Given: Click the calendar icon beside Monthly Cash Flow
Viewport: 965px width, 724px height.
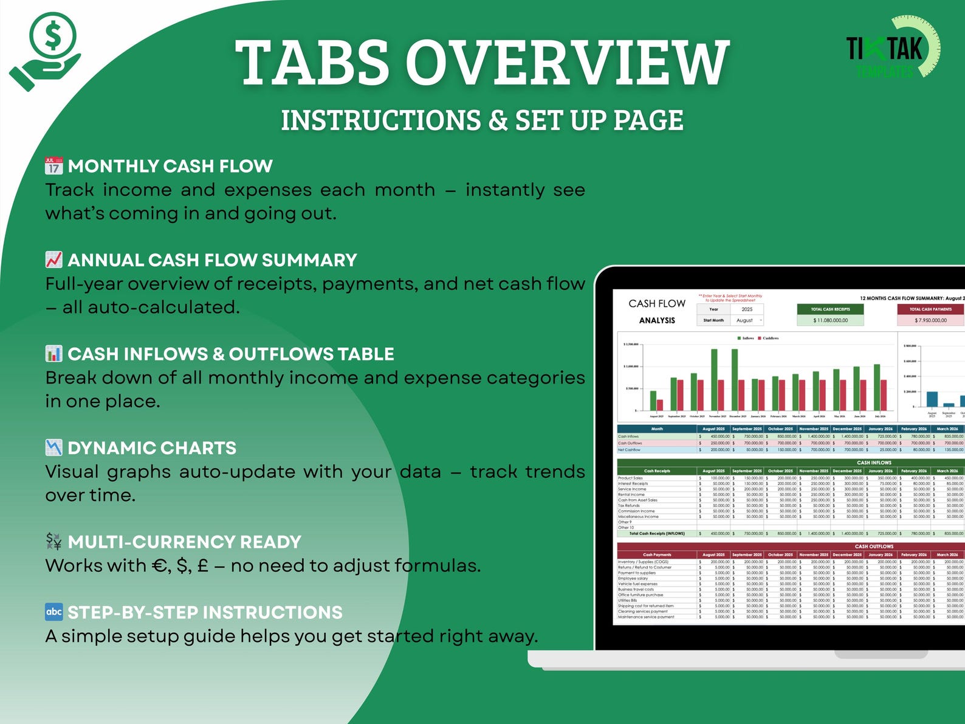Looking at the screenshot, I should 53,165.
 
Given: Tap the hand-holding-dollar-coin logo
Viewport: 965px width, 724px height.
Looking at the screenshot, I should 46,51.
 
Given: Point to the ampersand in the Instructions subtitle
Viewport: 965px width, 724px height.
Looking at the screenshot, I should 498,120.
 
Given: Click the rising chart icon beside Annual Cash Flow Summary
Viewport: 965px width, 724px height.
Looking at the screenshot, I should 53,260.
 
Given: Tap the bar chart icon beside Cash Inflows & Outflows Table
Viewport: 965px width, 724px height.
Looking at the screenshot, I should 53,353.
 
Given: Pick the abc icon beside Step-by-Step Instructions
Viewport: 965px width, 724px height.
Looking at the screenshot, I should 53,612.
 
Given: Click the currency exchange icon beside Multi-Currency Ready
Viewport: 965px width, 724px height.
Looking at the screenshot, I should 53,541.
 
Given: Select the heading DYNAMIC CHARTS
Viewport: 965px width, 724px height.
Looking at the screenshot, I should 152,448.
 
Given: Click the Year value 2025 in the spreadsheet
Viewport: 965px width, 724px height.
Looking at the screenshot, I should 747,309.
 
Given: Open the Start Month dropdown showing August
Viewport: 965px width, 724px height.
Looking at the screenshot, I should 747,320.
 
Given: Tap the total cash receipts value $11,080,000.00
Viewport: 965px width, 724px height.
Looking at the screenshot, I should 830,320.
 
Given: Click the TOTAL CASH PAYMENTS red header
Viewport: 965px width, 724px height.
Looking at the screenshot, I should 930,309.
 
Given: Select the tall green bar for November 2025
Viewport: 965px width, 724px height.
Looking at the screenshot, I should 714,380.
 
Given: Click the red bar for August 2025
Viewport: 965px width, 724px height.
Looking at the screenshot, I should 660,405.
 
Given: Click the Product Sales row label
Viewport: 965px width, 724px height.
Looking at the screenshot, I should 630,478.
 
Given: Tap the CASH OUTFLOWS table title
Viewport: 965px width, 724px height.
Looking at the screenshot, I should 874,546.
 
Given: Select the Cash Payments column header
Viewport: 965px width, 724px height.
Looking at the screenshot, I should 657,554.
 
